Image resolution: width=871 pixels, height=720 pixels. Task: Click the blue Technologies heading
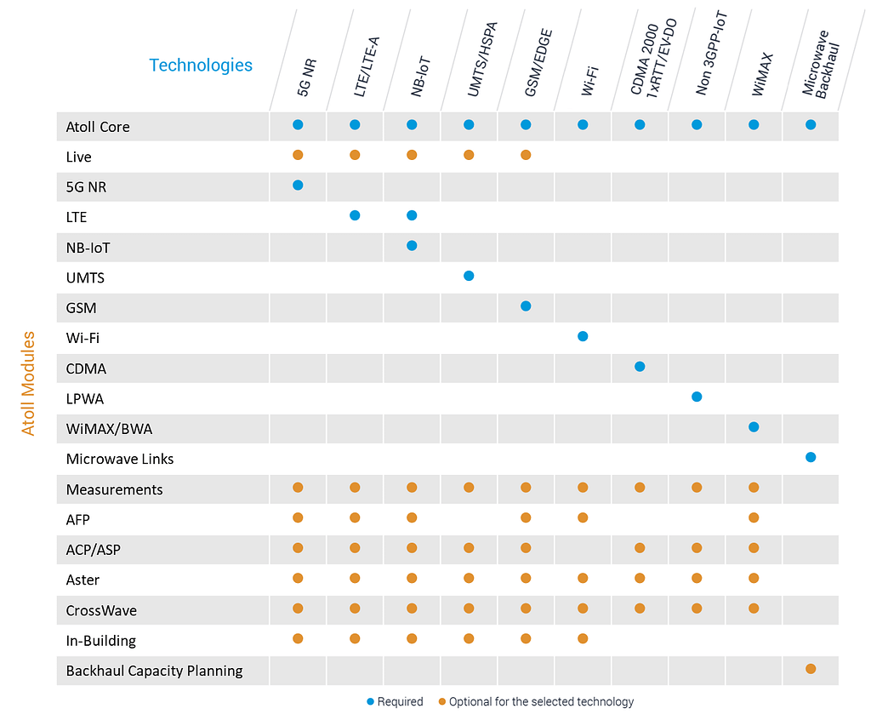click(201, 65)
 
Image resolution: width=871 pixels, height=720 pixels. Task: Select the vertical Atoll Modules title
click(29, 383)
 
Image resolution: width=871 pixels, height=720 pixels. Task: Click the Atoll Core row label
click(98, 127)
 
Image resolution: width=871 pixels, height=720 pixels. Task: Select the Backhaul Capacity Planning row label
click(154, 671)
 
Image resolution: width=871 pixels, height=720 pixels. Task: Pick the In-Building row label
click(101, 640)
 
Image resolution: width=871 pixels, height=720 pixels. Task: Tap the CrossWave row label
click(101, 610)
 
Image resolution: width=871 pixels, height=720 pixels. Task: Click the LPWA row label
click(85, 398)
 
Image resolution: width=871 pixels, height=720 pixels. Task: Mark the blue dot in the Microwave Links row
click(811, 457)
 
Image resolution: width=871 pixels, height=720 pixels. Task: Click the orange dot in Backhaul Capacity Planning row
click(811, 669)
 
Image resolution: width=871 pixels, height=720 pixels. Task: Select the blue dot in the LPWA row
click(697, 397)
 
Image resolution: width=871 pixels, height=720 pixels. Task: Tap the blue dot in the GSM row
click(526, 306)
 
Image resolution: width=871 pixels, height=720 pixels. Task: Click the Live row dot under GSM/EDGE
click(526, 155)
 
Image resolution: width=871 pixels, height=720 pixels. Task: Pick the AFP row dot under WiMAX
click(754, 517)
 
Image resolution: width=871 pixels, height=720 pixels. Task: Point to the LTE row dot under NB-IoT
click(412, 215)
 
